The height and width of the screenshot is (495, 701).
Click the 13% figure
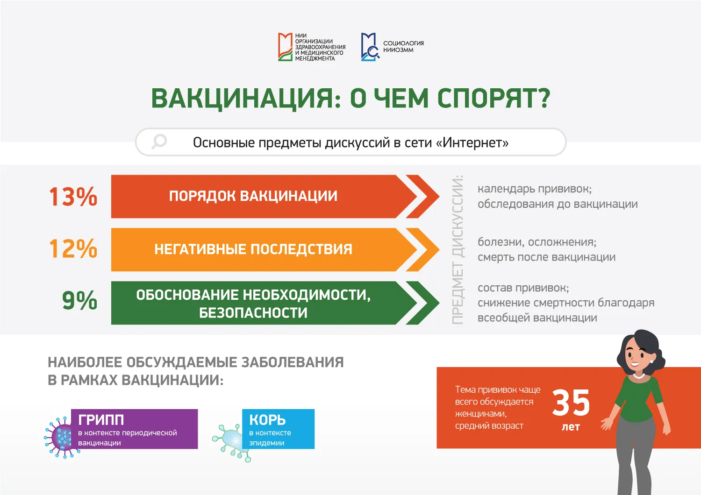pos(73,197)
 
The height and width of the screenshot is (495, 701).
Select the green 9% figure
pos(80,300)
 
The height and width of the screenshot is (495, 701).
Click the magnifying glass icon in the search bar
pos(159,142)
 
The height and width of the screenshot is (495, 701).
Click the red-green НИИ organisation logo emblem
pos(285,47)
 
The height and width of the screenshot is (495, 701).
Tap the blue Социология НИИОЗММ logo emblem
pos(370,47)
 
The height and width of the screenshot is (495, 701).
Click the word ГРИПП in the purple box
pos(101,420)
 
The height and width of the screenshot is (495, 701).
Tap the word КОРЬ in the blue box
pos(268,420)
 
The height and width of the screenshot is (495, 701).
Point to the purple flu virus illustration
pos(61,437)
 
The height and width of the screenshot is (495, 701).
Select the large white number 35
pos(571,403)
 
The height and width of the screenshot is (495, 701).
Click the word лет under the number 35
pos(571,427)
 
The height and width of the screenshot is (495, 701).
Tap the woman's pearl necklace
pos(639,376)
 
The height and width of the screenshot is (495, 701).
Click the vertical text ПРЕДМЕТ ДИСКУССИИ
pos(458,249)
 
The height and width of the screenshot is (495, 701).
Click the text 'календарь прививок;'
pos(535,189)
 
